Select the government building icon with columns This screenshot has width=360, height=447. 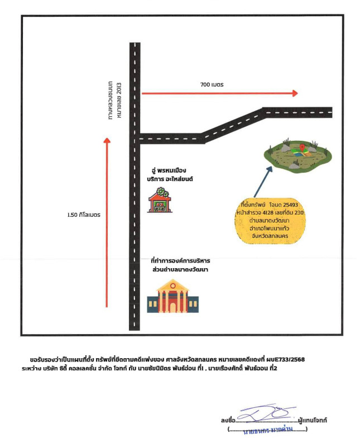171,296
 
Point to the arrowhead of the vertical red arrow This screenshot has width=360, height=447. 107,141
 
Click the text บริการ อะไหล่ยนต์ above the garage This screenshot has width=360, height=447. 172,178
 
